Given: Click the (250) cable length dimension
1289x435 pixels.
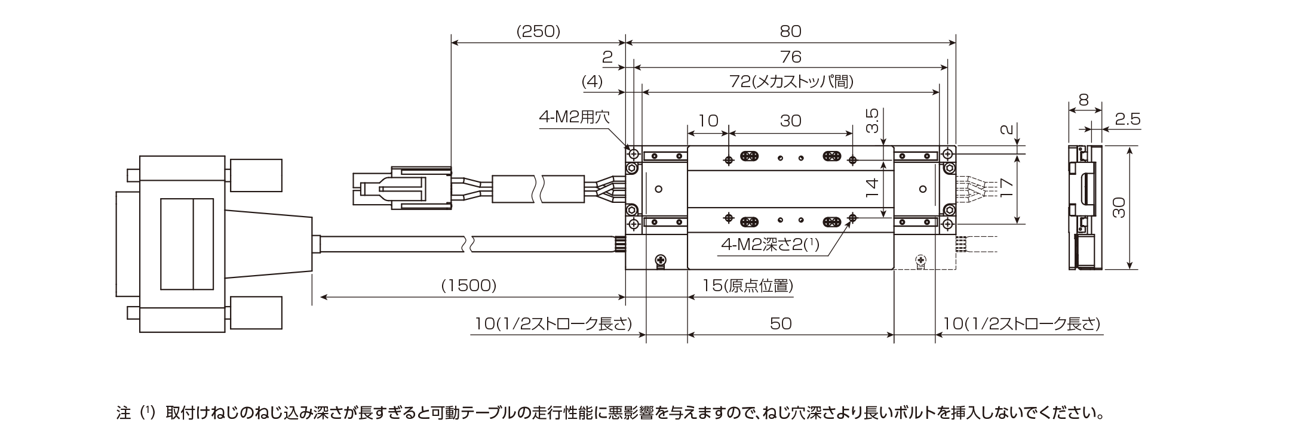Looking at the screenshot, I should pos(538,32).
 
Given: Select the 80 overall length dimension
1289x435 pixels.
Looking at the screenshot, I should pos(790,32).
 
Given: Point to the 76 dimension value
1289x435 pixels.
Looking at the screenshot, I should pos(790,57).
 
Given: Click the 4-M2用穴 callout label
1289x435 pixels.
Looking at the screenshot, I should pos(574,117).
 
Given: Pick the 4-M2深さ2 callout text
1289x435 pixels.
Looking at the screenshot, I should pos(770,244).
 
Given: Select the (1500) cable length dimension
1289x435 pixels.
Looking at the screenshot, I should pos(469,286).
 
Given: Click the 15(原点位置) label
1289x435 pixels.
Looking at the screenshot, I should pos(747,286).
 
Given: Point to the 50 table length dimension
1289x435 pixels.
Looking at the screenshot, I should pos(780,323).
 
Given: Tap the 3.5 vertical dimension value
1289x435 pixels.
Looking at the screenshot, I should pos(873,121).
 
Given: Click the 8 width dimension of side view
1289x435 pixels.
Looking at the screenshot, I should pos(1084,100).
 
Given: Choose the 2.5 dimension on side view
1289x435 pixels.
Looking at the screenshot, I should pos(1127,119).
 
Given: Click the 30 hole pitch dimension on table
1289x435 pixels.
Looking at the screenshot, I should pos(790,121).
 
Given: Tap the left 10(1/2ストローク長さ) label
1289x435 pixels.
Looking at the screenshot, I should pos(553,323).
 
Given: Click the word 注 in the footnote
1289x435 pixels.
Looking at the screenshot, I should pos(124,413).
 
